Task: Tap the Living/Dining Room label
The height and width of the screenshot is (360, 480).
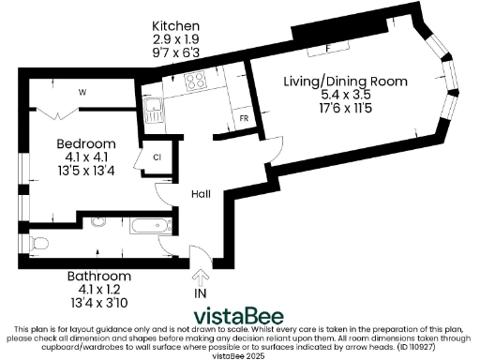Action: [x=346, y=82]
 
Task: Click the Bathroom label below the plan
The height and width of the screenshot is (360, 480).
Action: [x=98, y=277]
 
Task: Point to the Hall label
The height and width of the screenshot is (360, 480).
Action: [x=201, y=194]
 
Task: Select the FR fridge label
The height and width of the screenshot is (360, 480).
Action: [x=244, y=119]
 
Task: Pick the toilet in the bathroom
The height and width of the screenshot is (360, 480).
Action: [x=38, y=244]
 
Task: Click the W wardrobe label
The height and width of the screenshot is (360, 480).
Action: [x=82, y=92]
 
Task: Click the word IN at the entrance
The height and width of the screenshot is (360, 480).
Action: [x=199, y=294]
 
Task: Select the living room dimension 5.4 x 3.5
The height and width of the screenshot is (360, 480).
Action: [x=346, y=95]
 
